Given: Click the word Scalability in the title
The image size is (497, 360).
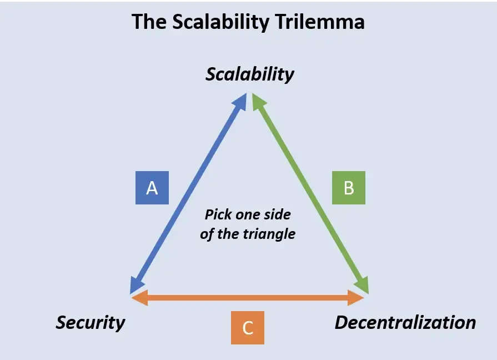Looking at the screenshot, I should (213, 22).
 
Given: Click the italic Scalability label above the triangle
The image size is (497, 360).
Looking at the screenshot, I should (249, 74).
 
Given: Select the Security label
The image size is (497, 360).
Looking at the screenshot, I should (91, 323).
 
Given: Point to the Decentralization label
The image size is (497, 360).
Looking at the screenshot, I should (405, 323).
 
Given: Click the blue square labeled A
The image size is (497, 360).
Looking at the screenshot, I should (152, 188).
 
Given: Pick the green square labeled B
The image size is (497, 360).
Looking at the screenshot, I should (349, 188).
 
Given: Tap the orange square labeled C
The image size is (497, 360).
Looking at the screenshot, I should (248, 328).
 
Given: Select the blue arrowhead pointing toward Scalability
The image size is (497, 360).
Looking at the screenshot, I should (242, 101).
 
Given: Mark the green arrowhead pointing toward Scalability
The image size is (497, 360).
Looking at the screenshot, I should (257, 101).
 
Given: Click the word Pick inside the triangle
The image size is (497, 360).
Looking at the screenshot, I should (218, 214).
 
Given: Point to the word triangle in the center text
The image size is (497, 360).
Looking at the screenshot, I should (270, 234).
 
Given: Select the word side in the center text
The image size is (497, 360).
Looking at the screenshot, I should (278, 214).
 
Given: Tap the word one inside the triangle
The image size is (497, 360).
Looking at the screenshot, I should (248, 214).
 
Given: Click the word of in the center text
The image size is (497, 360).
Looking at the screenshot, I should (207, 234).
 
